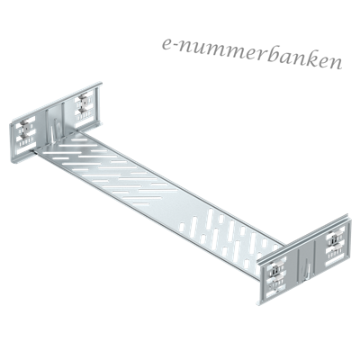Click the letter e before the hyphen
coord(167,43)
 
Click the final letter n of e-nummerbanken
coord(335,64)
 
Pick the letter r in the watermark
coord(261,56)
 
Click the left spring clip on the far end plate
coord(26,130)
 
